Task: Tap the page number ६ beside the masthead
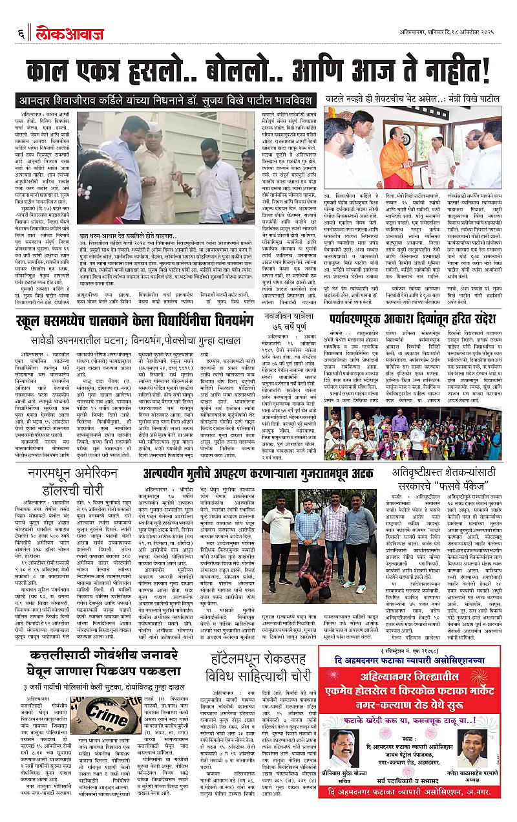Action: [21, 32]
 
